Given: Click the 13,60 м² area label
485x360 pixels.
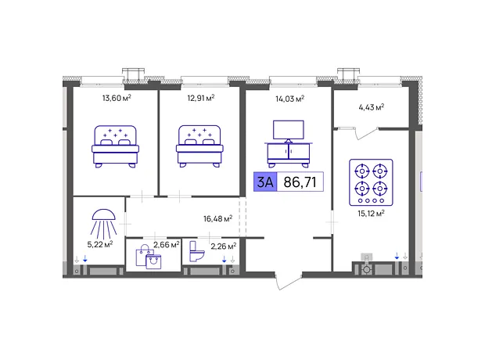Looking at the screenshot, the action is click(x=117, y=98).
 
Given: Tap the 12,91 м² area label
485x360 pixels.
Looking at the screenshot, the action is click(x=201, y=98).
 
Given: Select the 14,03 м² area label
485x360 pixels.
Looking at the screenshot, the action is click(x=289, y=99).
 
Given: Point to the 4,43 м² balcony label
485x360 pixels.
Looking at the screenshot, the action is click(x=371, y=107).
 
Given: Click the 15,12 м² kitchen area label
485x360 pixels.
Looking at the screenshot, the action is click(x=371, y=214).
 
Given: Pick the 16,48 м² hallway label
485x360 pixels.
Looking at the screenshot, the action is click(x=217, y=218).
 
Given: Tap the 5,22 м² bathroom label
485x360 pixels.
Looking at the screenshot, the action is click(x=99, y=244).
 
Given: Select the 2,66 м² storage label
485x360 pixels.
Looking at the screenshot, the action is click(x=167, y=244).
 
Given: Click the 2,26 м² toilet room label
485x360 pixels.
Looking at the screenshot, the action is click(x=223, y=247).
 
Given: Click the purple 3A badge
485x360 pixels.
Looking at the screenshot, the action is click(x=265, y=182).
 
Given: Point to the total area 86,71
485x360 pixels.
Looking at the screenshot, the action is click(x=300, y=182).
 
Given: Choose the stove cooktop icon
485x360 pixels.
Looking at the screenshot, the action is click(x=371, y=182).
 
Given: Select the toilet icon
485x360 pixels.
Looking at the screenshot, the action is click(x=196, y=251).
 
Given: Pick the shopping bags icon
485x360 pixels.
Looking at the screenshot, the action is click(x=149, y=257).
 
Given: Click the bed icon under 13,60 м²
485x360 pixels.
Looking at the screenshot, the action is click(x=115, y=146).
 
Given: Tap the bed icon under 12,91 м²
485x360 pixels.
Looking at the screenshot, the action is click(x=199, y=146).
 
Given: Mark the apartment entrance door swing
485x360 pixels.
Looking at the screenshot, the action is click(x=288, y=282).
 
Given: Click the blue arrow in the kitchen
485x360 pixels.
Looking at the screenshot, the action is click(x=397, y=256).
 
